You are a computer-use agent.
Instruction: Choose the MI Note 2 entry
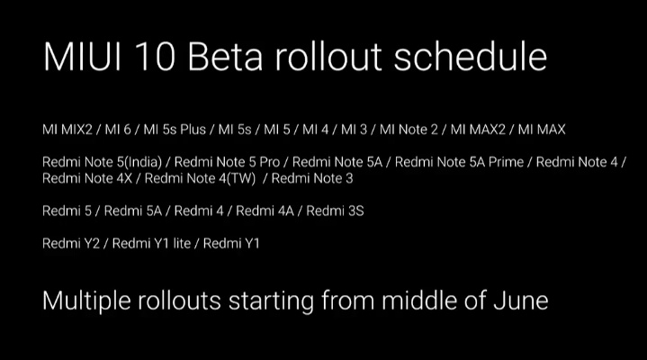pyautogui.click(x=409, y=130)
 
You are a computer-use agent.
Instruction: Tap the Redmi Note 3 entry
pyautogui.click(x=312, y=177)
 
